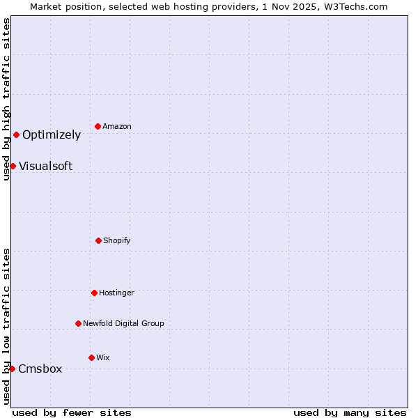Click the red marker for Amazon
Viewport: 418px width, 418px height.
click(98, 126)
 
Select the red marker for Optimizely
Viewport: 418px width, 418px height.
click(16, 134)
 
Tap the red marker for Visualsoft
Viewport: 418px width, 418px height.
click(13, 166)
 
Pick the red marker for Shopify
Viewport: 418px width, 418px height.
click(98, 240)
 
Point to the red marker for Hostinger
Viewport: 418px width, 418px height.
click(94, 293)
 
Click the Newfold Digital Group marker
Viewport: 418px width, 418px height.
click(78, 323)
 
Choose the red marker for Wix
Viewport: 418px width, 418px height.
click(91, 357)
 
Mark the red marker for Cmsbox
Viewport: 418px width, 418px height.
click(12, 369)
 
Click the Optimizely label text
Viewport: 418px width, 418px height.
click(52, 135)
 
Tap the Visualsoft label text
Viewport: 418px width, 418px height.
click(45, 167)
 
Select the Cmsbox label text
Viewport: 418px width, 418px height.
click(40, 369)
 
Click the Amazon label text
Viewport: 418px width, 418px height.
click(117, 127)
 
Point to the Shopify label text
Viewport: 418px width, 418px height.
click(117, 241)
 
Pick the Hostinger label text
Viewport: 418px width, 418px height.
click(116, 293)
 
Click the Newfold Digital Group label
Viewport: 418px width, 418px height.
click(123, 324)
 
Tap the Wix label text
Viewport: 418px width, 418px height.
click(103, 358)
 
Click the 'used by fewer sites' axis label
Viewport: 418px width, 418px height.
click(72, 412)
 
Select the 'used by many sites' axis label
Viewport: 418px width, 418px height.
click(350, 412)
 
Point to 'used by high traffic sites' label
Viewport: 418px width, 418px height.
click(7, 99)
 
